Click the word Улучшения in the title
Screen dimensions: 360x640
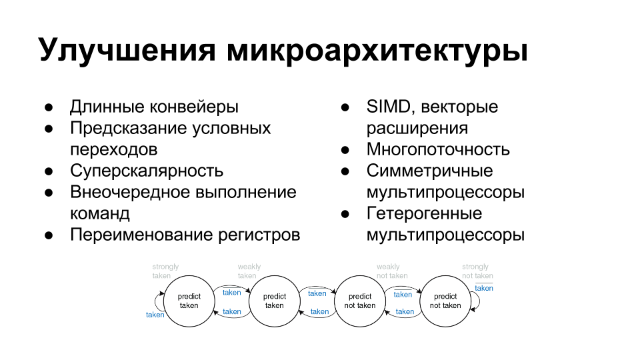127,50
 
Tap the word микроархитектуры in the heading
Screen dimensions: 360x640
377,50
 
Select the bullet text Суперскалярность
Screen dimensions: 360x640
147,171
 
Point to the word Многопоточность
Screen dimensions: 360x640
438,149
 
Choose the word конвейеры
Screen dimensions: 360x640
194,107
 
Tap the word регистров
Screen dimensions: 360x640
259,235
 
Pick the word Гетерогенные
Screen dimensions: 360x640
424,213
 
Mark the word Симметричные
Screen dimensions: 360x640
429,171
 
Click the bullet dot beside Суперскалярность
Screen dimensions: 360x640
49,171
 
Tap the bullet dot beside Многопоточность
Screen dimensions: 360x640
345,150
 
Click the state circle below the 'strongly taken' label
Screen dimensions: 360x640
189,301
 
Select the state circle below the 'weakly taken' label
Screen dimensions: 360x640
275,301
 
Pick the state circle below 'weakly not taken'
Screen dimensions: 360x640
360,301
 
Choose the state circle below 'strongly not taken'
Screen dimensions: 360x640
445,301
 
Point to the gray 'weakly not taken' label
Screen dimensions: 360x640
392,271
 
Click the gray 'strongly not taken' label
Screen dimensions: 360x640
477,271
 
